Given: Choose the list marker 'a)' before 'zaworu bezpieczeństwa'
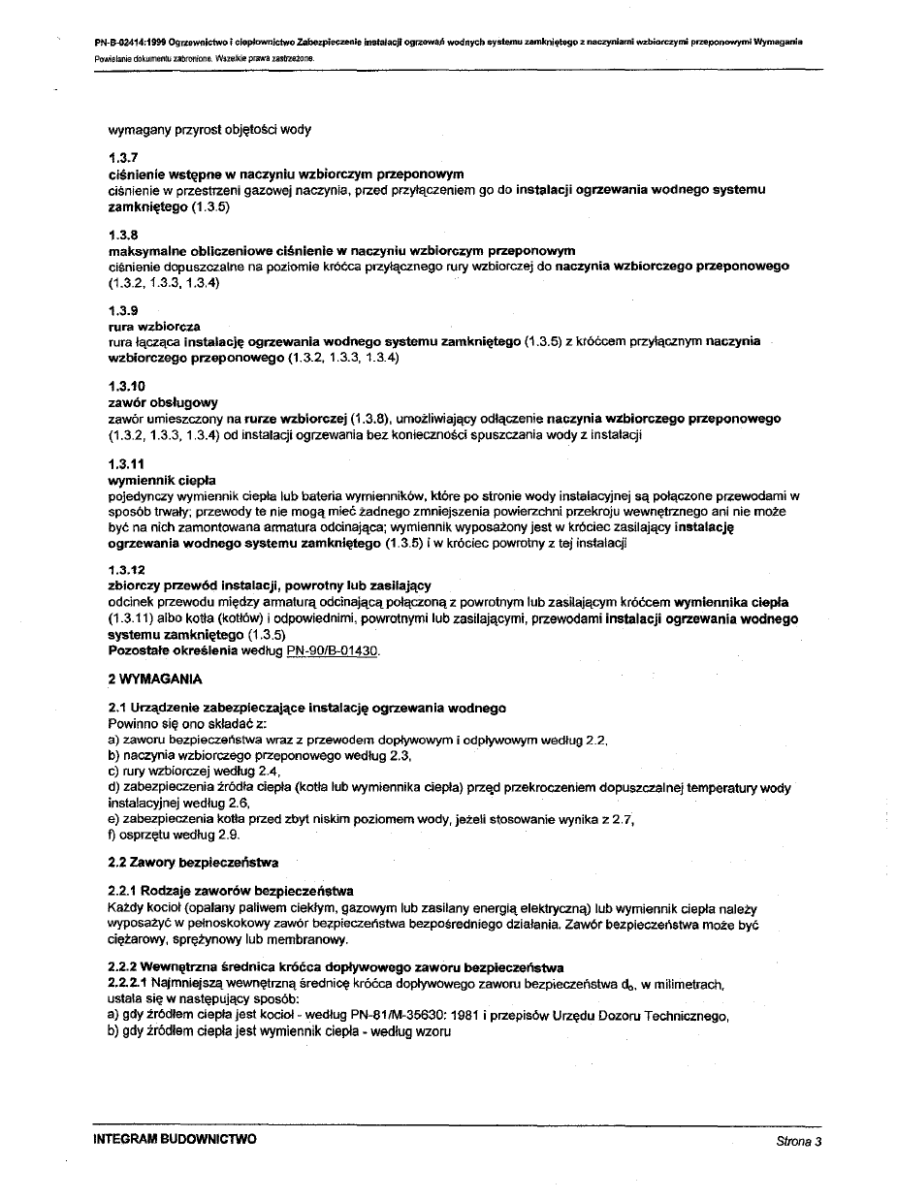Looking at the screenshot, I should click(x=113, y=740).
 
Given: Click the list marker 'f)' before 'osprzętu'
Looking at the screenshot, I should click(x=112, y=834).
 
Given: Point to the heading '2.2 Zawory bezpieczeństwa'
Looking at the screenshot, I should click(x=193, y=862).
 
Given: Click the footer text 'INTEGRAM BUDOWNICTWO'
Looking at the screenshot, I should click(x=175, y=1141).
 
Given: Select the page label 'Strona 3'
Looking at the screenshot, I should click(x=799, y=1142).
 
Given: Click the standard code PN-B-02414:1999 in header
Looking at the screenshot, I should click(x=130, y=43).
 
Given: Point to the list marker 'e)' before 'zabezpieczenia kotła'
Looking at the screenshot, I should click(x=113, y=818).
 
